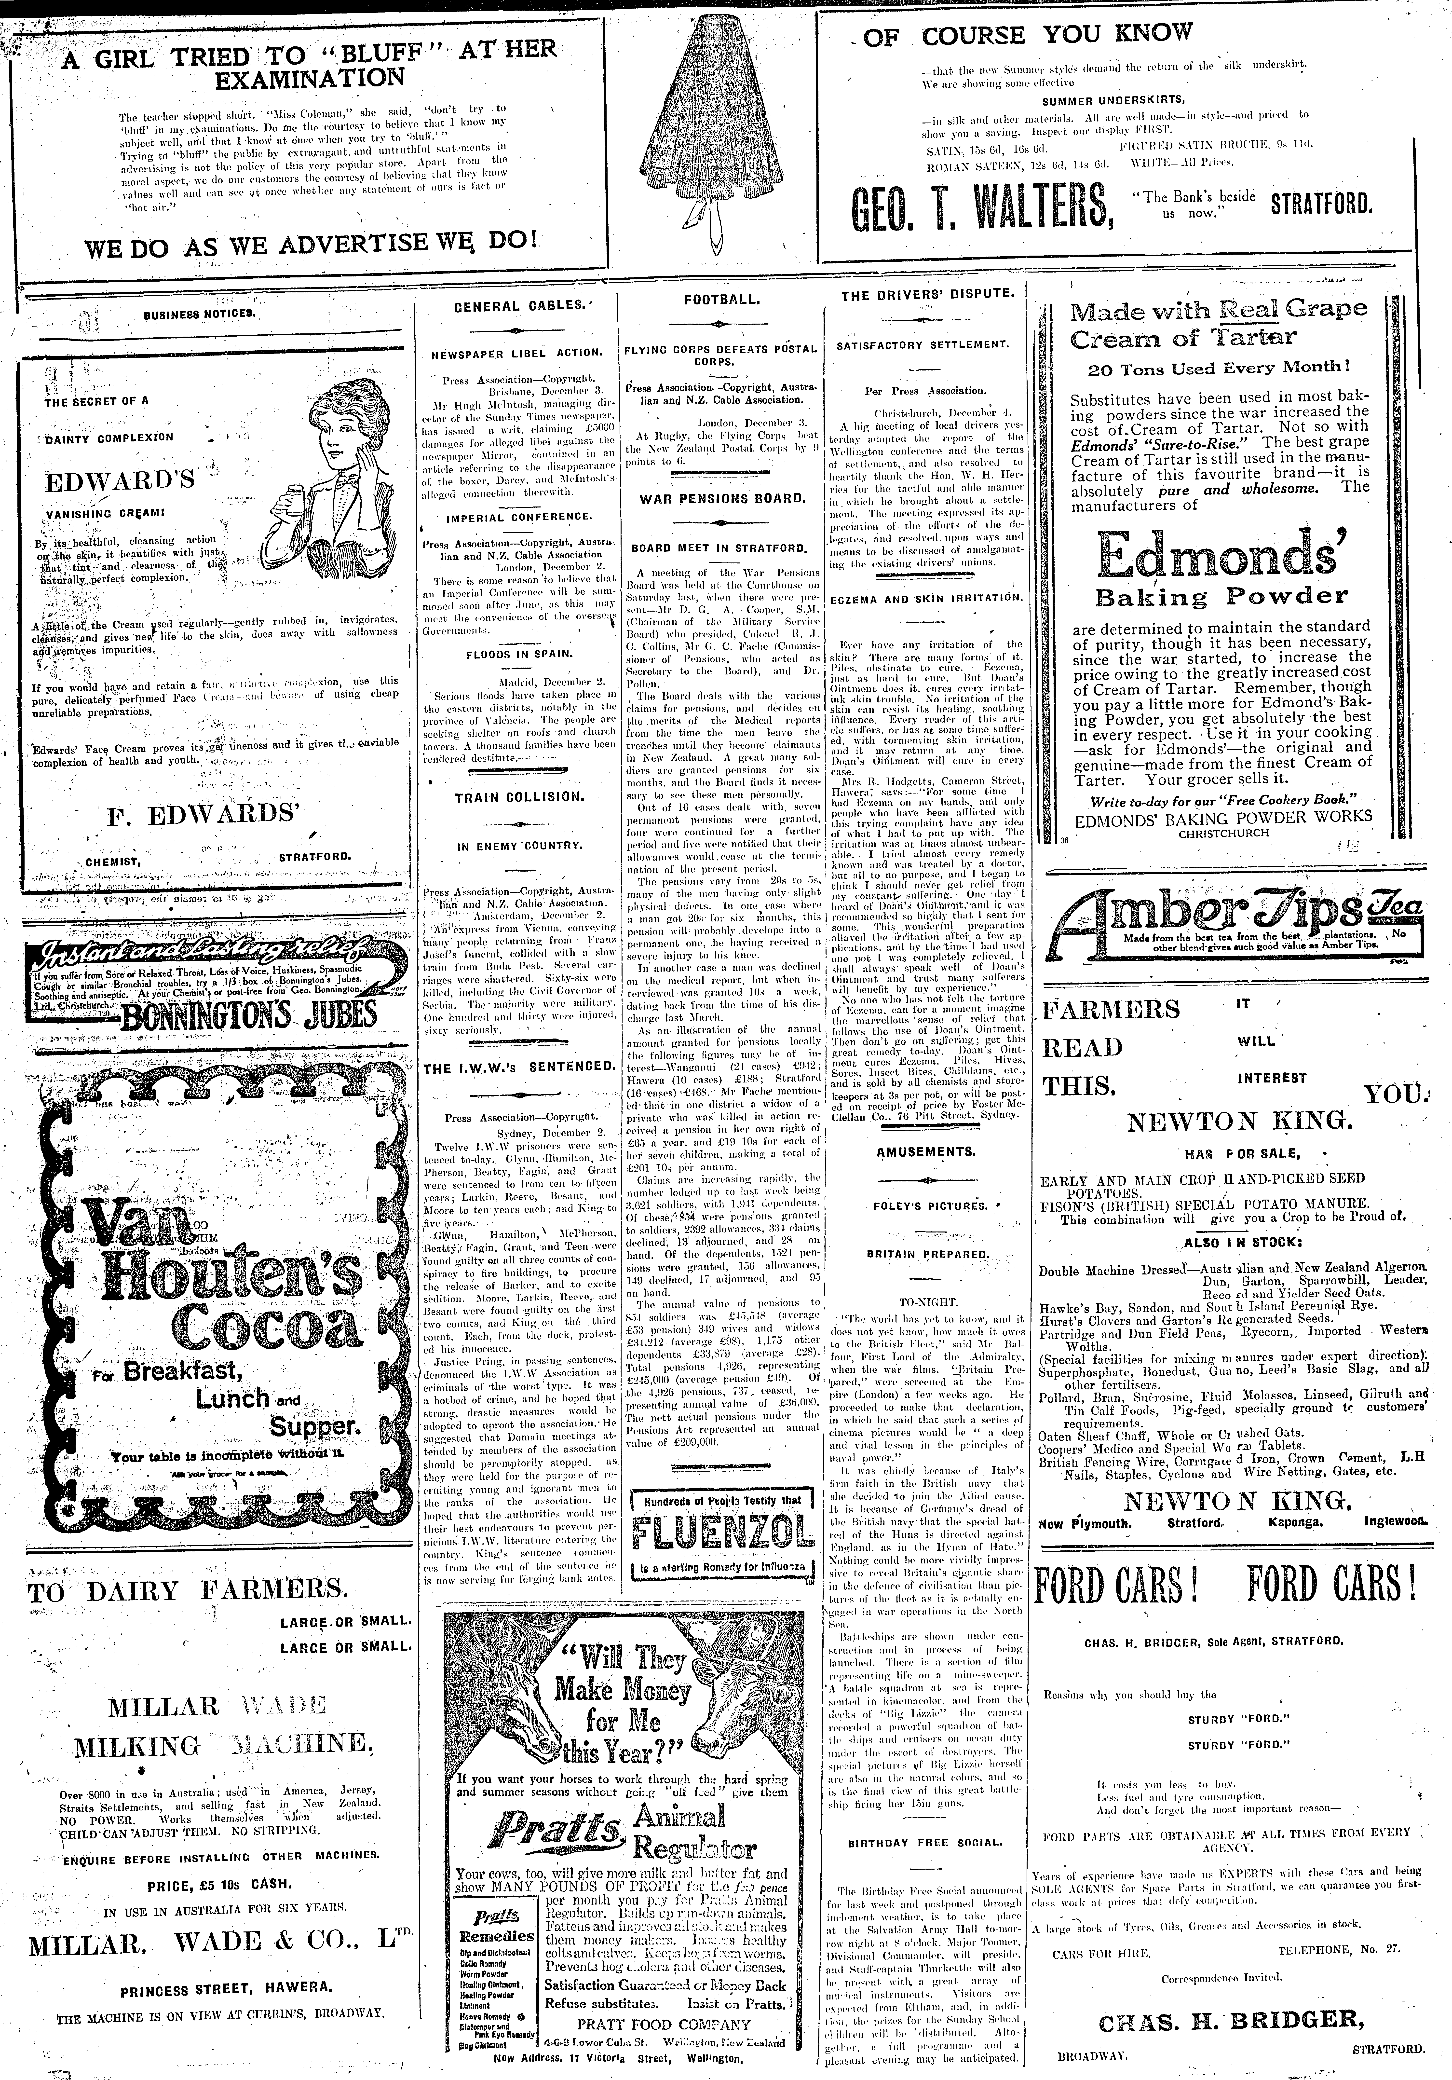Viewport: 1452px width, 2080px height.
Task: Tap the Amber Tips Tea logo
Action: coord(1233,917)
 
